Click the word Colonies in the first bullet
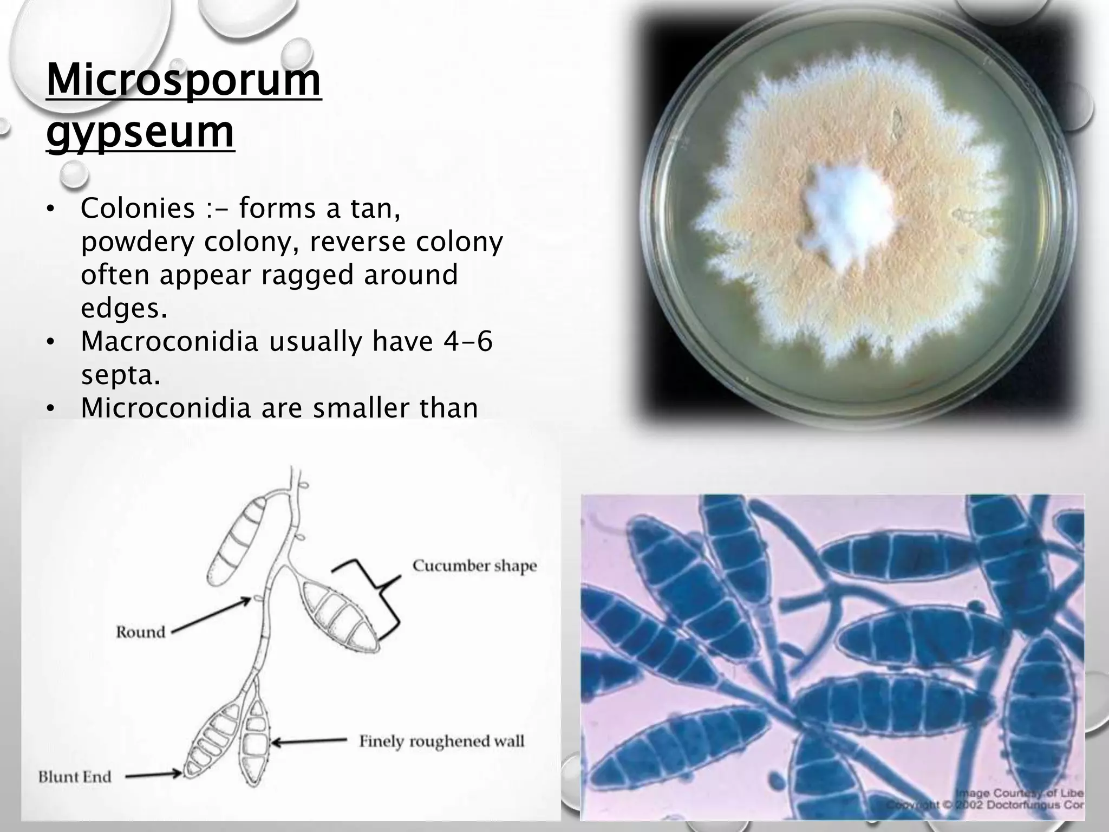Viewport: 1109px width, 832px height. (138, 209)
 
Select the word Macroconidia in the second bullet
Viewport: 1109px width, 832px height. (169, 342)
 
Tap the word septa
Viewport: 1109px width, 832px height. (120, 375)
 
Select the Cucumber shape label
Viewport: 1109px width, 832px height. (474, 566)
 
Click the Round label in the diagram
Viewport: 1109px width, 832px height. (140, 632)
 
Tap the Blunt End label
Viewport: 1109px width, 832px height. (75, 777)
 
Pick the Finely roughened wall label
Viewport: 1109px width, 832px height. (442, 741)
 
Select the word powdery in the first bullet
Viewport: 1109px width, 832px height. (137, 242)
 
